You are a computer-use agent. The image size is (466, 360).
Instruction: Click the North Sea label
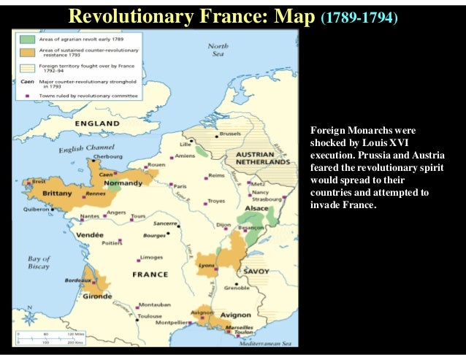point(218,50)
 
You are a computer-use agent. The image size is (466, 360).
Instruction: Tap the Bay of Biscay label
point(38,263)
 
